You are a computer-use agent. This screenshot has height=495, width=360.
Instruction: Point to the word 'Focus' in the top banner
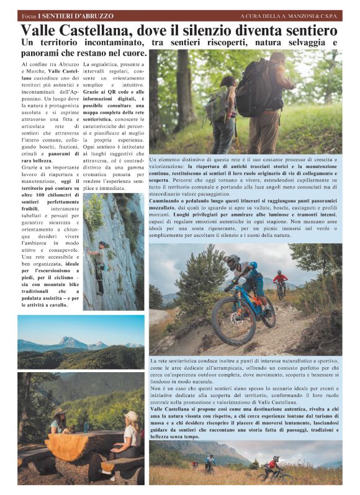[27, 16]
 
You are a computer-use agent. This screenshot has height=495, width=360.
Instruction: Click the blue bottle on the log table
[85, 427]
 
